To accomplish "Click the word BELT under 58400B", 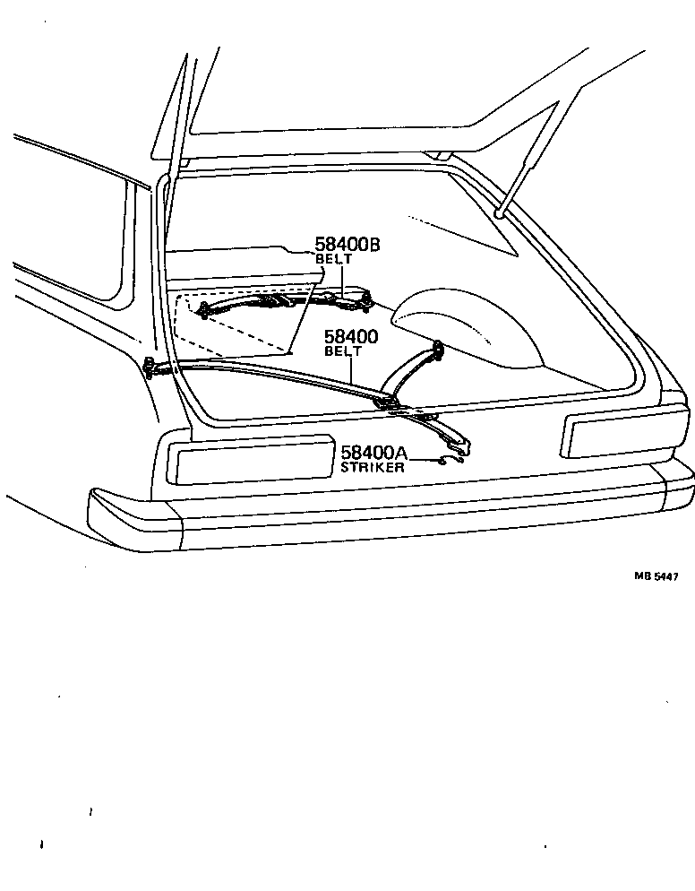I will (335, 259).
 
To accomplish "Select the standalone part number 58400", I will (350, 337).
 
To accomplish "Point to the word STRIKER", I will (373, 467).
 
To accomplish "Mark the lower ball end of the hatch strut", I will (499, 213).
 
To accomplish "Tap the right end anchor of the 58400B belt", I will (366, 299).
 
